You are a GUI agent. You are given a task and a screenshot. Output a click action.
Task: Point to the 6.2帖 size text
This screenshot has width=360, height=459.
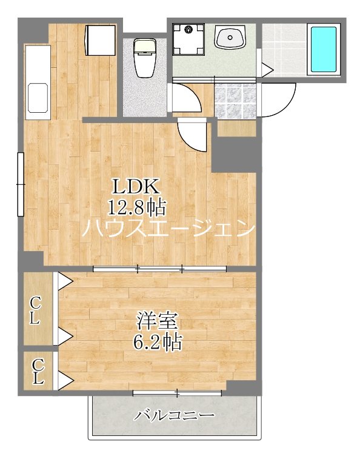click(157, 342)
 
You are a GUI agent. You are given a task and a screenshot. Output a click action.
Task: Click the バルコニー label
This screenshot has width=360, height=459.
click(175, 416)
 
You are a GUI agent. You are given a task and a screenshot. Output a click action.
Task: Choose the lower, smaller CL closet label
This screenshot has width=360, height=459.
click(38, 371)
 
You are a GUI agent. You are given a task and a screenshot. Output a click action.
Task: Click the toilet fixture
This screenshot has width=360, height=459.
click(145, 58)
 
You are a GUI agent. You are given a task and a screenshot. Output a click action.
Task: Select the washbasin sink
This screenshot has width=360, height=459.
click(230, 39)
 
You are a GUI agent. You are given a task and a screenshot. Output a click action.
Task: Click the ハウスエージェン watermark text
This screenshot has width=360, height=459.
click(168, 229)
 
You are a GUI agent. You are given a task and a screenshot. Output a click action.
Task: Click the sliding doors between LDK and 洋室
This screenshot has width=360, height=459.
click(160, 268)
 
